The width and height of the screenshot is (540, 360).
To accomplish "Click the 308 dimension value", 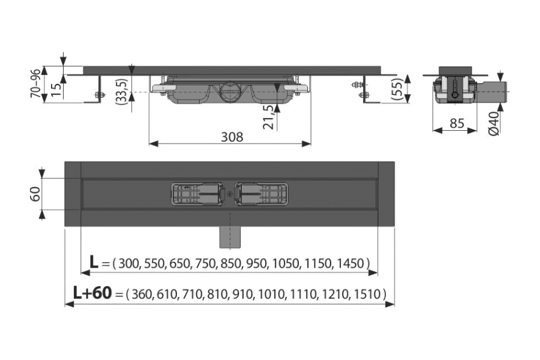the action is tap(232, 137).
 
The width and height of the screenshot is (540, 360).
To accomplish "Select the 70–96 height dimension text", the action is tap(36, 83).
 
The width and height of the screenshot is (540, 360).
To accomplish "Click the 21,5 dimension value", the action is tap(269, 117).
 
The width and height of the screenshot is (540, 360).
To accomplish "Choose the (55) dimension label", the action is tap(397, 89).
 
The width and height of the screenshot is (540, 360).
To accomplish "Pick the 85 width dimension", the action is tap(457, 124).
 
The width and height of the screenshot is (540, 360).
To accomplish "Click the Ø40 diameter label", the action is tap(494, 124).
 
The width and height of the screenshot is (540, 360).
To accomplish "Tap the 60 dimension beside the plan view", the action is tap(36, 194).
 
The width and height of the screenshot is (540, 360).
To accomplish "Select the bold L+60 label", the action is tap(92, 293).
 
